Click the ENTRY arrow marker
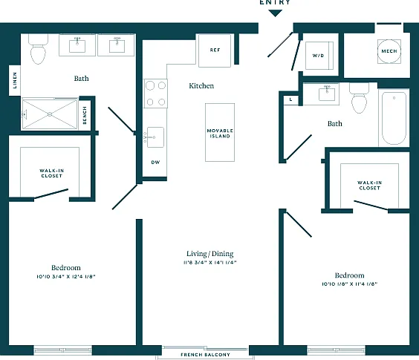pyautogui.click(x=275, y=13)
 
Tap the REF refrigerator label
pyautogui.click(x=215, y=50)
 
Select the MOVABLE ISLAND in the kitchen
pyautogui.click(x=220, y=132)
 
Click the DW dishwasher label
pyautogui.click(x=155, y=162)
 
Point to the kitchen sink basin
pyautogui.click(x=155, y=137)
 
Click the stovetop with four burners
pyautogui.click(x=156, y=94)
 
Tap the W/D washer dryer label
pyautogui.click(x=318, y=56)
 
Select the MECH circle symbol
pyautogui.click(x=389, y=51)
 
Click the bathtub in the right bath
pyautogui.click(x=394, y=118)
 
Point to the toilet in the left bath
pyautogui.click(x=38, y=50)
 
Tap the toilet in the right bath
pyautogui.click(x=359, y=98)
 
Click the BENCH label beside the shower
pyautogui.click(x=85, y=115)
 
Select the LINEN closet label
pyautogui.click(x=15, y=80)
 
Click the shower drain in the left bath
pyautogui.click(x=50, y=114)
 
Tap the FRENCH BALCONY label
pyautogui.click(x=205, y=355)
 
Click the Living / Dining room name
pyautogui.click(x=210, y=254)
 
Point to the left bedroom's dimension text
pyautogui.click(x=66, y=276)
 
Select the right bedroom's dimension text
pyautogui.click(x=349, y=284)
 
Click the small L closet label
pyautogui.click(x=290, y=99)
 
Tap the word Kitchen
pyautogui.click(x=201, y=85)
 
